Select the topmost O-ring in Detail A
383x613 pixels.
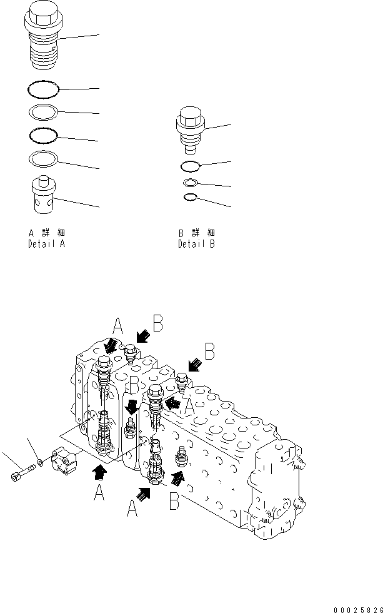coord(43,90)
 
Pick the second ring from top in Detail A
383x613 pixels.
coord(43,113)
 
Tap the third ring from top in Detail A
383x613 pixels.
coord(43,134)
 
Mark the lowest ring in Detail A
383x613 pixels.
coord(43,158)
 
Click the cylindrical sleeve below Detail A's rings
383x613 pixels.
coord(44,195)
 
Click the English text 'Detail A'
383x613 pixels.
coord(46,245)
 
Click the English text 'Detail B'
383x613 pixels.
coord(196,245)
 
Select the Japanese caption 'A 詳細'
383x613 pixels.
coord(43,233)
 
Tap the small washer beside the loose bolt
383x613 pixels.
coord(40,463)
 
